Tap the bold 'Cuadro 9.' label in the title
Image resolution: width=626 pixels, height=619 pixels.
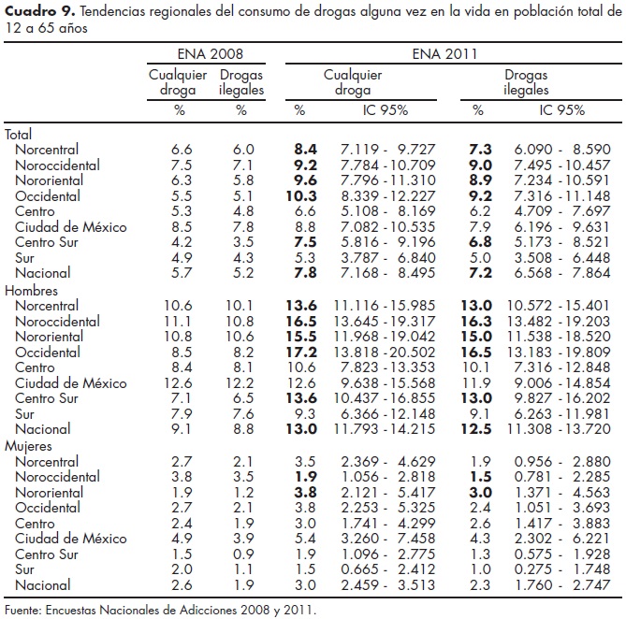point(36,11)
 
